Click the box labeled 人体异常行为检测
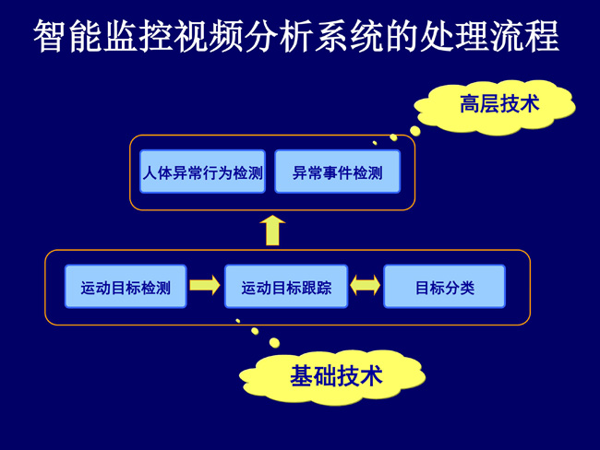click(x=202, y=172)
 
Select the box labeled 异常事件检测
click(x=337, y=172)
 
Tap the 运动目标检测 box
click(x=126, y=287)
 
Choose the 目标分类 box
click(x=444, y=287)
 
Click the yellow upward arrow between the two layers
click(x=271, y=231)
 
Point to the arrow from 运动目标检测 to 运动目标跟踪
click(x=204, y=286)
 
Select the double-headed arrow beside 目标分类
click(x=365, y=286)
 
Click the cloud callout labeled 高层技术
click(x=498, y=104)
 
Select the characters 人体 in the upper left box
click(x=156, y=172)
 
